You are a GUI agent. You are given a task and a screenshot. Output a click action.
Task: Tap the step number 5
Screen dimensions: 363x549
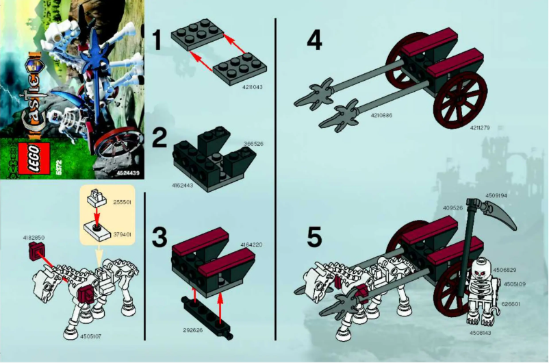[314, 238]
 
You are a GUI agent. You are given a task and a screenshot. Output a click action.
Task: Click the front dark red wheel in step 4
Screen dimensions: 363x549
[459, 96]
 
